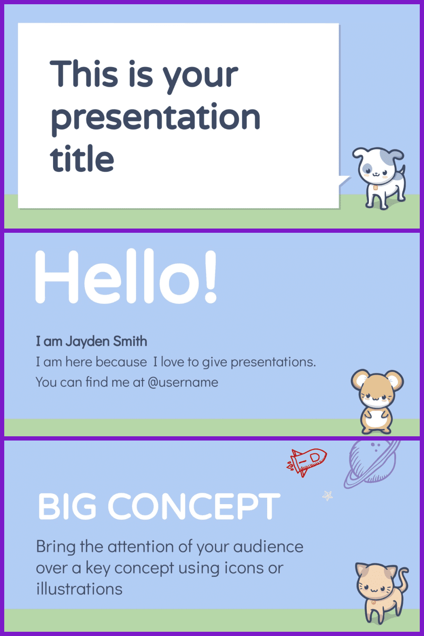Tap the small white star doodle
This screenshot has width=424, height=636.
click(327, 496)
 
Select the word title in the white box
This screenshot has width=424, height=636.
click(82, 159)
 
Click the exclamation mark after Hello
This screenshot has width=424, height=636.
click(211, 276)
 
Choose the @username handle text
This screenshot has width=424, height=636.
click(183, 382)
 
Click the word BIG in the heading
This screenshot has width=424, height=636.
click(67, 506)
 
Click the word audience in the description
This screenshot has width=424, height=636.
click(268, 547)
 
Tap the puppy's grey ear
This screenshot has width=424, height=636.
click(396, 154)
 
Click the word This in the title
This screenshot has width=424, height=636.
click(84, 73)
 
